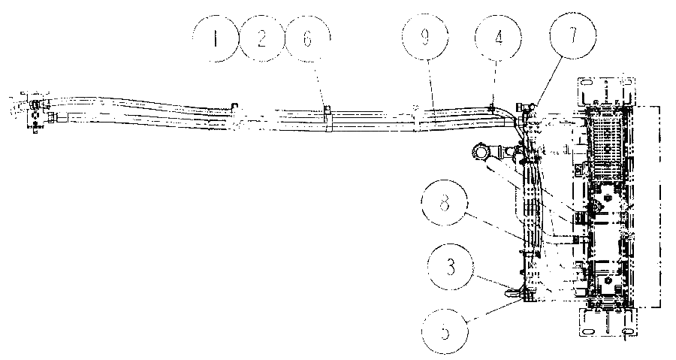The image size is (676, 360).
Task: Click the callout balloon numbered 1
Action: tap(215, 38)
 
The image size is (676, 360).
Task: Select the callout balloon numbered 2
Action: tap(261, 38)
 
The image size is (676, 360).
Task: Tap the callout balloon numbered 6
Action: tap(308, 38)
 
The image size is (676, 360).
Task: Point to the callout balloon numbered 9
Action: tap(424, 38)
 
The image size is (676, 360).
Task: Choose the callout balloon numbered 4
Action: tap(498, 38)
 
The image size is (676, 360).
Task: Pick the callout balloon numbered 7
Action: tap(573, 35)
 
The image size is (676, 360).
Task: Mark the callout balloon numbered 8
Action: tap(445, 203)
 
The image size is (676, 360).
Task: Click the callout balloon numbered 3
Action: tap(451, 268)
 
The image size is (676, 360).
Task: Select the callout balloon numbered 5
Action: tap(445, 332)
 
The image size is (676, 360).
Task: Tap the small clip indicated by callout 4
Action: tap(491, 107)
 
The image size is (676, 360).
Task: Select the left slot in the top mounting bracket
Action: tap(586, 83)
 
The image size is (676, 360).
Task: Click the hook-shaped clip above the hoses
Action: tap(234, 105)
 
